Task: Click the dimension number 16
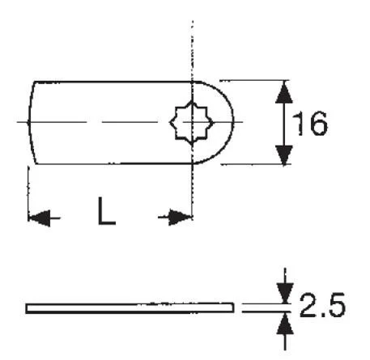(x=310, y=124)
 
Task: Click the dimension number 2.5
(x=322, y=305)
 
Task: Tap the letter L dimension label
(x=107, y=211)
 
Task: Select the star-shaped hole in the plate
(x=191, y=123)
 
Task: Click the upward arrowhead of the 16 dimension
(x=284, y=91)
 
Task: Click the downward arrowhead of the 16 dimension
(x=284, y=155)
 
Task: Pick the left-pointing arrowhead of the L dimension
(x=40, y=218)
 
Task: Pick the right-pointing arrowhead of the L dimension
(x=180, y=217)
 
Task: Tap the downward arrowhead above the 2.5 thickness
(x=285, y=293)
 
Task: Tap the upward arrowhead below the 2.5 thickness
(x=285, y=323)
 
